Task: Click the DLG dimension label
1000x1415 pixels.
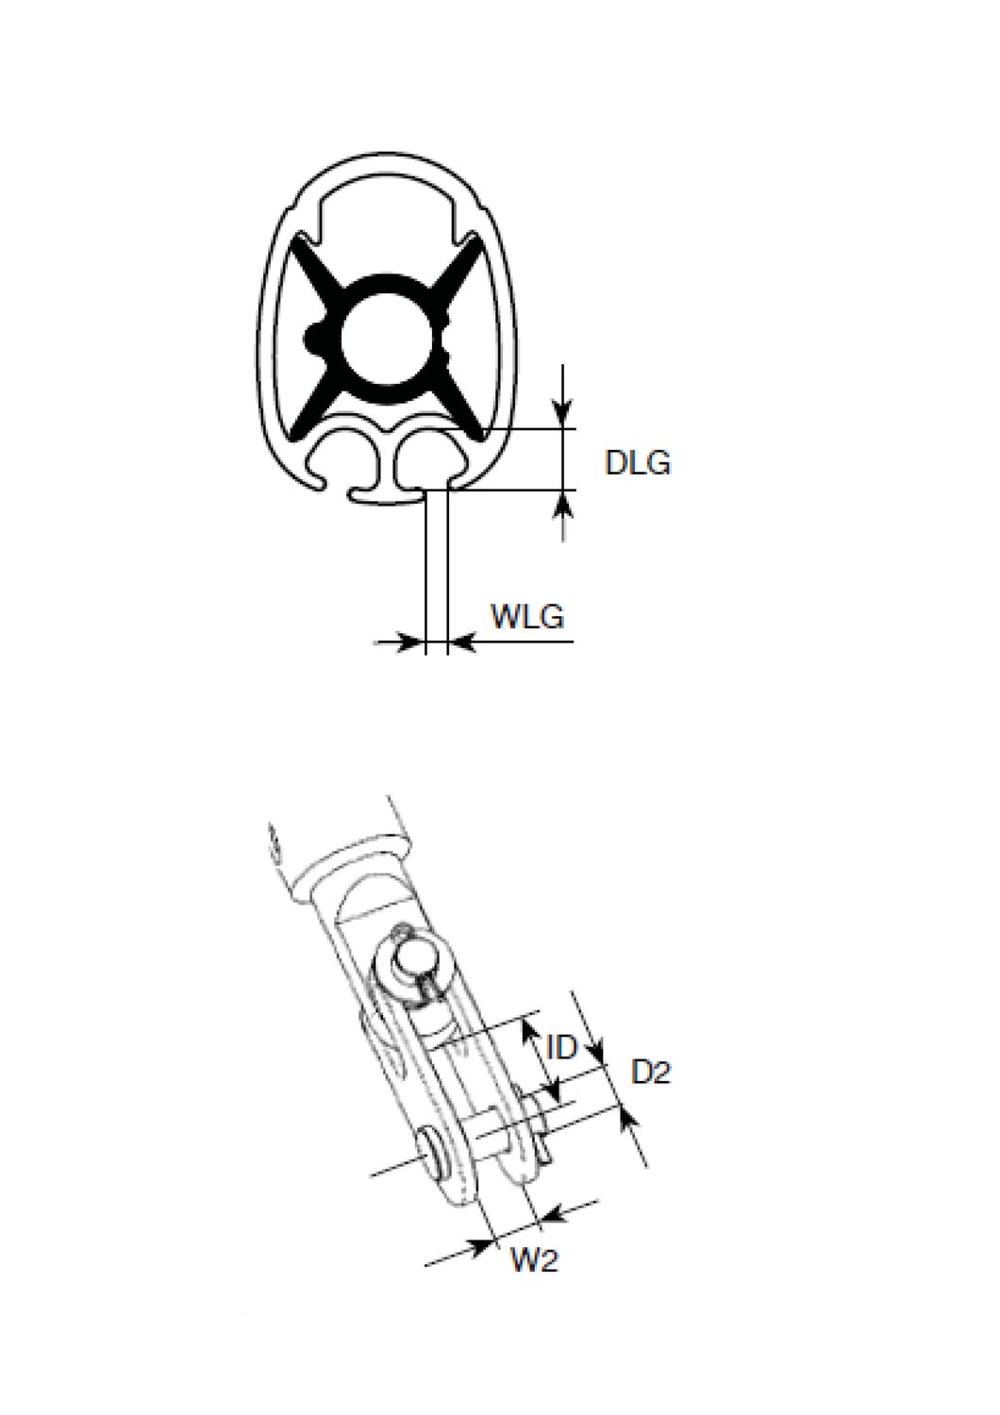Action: pyautogui.click(x=638, y=463)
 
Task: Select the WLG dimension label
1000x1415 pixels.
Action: pyautogui.click(x=527, y=616)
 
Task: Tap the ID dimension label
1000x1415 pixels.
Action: pyautogui.click(x=561, y=1046)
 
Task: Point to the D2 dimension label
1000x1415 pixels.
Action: pyautogui.click(x=651, y=1073)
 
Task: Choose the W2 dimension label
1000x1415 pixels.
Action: pyautogui.click(x=534, y=1260)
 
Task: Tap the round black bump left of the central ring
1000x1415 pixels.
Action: pyautogui.click(x=312, y=336)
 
